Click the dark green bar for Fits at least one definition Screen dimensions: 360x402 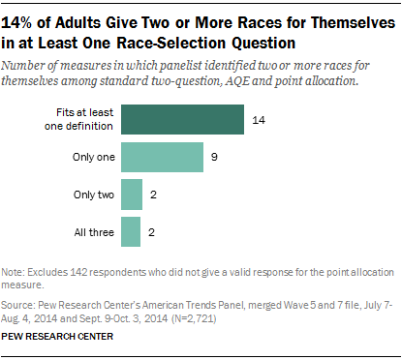coord(182,120)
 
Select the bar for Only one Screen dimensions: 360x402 coord(162,157)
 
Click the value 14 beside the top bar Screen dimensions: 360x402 coord(259,120)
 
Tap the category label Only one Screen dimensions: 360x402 coord(92,157)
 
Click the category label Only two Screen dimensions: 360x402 coord(92,195)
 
